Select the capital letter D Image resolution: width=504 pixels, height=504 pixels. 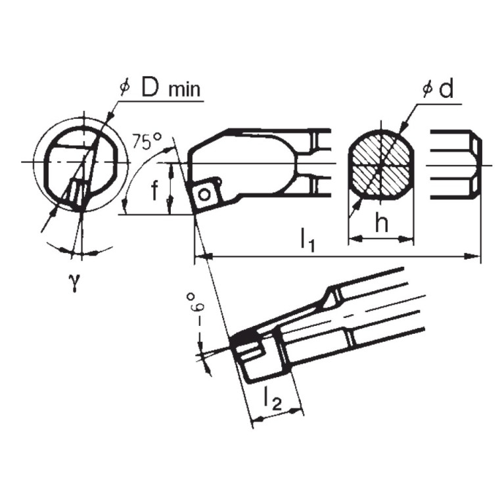(x=150, y=87)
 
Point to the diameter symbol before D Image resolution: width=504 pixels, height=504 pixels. (x=125, y=88)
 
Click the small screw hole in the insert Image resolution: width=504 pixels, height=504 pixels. (x=206, y=193)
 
